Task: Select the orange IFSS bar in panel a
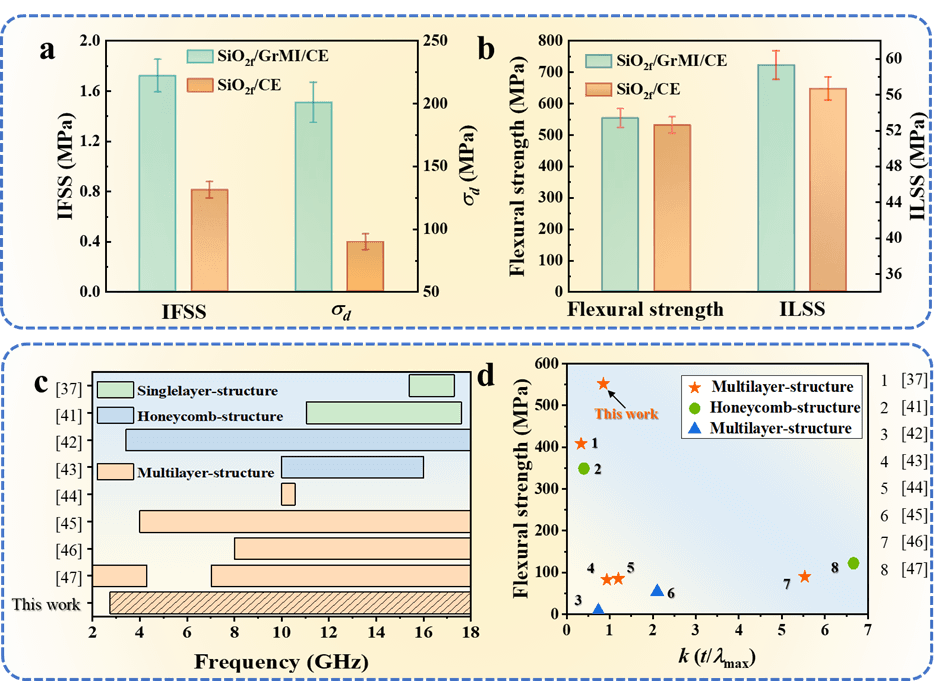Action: click(209, 240)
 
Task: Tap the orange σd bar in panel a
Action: click(365, 266)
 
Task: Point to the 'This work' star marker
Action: click(603, 384)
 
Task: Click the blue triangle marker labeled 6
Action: click(657, 591)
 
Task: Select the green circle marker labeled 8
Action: click(853, 563)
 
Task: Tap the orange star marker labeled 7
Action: click(804, 576)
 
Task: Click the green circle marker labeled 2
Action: click(584, 468)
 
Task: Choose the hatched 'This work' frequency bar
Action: click(289, 603)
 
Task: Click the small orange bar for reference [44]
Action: click(288, 494)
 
